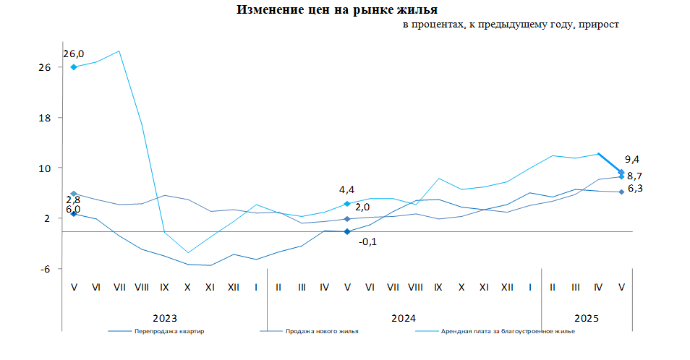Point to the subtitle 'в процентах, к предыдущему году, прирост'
pos(511,25)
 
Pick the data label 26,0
pos(73,53)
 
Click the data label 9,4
pos(633,160)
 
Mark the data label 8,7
pos(635,176)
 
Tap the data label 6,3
pos(635,189)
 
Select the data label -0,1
pos(367,241)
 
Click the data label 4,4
pos(346,190)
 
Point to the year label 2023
pos(165,318)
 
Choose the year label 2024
pos(404,318)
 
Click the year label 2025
pos(587,318)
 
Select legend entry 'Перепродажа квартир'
pos(169,332)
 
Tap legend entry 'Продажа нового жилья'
pos(322,332)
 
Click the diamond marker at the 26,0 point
pos(74,67)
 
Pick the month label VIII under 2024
pos(415,287)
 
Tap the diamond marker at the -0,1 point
pos(347,231)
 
